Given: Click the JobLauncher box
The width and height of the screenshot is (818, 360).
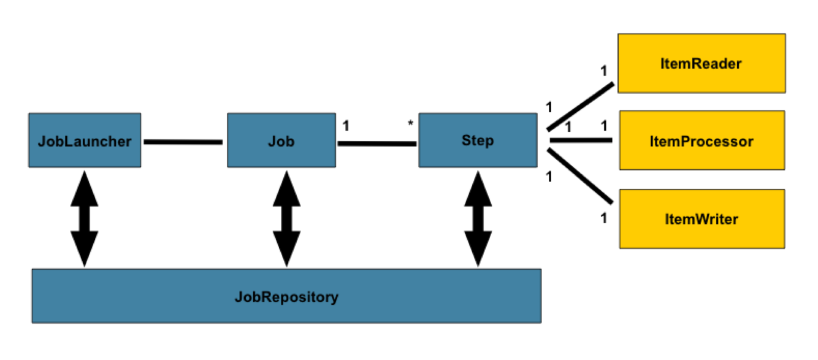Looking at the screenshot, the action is [x=85, y=140].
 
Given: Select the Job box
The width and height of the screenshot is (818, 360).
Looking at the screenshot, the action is [x=281, y=140].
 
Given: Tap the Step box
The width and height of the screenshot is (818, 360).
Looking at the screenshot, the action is [x=478, y=140].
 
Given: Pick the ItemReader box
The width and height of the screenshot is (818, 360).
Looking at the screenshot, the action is [x=701, y=63].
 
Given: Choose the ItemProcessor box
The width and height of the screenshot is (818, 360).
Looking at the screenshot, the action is [x=702, y=140].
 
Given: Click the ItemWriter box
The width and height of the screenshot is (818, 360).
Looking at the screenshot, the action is [x=702, y=219].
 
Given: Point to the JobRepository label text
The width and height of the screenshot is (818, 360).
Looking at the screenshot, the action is [x=286, y=297].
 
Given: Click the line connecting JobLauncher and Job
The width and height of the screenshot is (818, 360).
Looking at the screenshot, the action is [x=183, y=142].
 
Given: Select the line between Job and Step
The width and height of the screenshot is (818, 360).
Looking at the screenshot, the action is [x=377, y=144].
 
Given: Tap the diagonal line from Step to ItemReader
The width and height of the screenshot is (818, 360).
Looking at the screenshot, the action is [x=580, y=107].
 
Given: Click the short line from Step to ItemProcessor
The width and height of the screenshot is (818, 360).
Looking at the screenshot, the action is [x=581, y=140].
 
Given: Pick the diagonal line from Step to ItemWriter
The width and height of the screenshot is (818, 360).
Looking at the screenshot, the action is [x=580, y=176].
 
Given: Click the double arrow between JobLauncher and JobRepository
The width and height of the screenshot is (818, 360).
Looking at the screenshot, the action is [x=85, y=218].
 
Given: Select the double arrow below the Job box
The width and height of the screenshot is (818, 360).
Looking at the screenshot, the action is [x=286, y=218].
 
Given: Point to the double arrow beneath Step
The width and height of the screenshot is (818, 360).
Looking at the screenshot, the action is [x=478, y=218].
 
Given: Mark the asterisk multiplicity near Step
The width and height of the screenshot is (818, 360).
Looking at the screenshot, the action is [x=410, y=124].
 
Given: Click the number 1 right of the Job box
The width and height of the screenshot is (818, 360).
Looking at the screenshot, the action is [x=346, y=126].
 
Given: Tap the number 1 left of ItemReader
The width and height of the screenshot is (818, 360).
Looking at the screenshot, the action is [x=604, y=71].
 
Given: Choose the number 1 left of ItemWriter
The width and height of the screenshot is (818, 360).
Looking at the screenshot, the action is [x=604, y=218].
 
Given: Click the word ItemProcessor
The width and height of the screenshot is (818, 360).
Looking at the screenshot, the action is [x=701, y=141].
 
